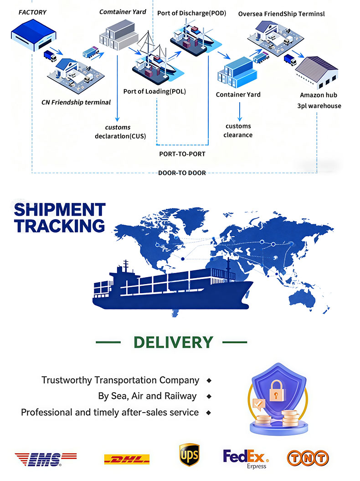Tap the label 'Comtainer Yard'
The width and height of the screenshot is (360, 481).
tap(123, 11)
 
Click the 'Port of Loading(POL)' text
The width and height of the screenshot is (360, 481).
tap(154, 91)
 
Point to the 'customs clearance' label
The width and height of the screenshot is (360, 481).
tap(238, 130)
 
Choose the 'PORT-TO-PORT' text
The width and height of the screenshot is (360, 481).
tap(182, 154)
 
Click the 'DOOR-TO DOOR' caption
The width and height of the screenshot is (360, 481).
tap(182, 173)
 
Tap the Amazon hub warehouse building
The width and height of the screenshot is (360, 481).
tap(317, 72)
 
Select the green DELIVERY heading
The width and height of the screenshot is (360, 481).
tap(173, 342)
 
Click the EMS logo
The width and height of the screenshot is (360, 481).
tap(45, 458)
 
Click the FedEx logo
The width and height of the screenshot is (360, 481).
tap(246, 457)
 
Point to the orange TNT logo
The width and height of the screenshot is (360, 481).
tap(308, 457)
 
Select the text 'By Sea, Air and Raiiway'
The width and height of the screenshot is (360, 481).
tap(148, 396)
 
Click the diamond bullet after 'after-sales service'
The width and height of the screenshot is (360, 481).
tap(208, 412)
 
